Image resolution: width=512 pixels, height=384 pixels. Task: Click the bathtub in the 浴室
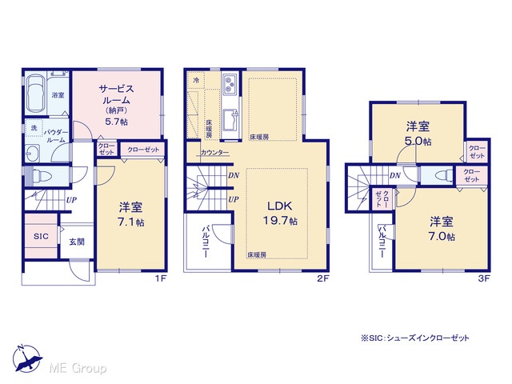click(x=36, y=94)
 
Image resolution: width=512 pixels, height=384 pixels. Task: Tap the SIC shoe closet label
click(x=41, y=236)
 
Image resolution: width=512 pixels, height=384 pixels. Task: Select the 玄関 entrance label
click(x=77, y=242)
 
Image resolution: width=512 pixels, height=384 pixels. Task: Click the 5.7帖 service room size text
click(x=116, y=122)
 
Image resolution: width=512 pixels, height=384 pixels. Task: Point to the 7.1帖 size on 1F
click(x=130, y=222)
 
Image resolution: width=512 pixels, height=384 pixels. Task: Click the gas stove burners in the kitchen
click(x=230, y=83)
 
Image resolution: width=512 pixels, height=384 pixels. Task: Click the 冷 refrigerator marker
click(x=196, y=80)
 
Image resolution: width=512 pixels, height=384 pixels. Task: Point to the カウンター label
click(x=214, y=153)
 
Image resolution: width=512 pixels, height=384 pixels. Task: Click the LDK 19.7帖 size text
click(x=280, y=221)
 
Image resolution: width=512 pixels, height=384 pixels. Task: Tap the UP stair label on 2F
click(x=233, y=199)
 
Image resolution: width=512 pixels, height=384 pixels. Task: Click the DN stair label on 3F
click(x=394, y=176)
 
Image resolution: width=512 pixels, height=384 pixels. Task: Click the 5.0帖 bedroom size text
click(x=418, y=142)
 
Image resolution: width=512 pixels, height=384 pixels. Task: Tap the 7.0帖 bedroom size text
click(x=442, y=236)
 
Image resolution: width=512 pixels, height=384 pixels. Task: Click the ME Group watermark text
click(x=78, y=369)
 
